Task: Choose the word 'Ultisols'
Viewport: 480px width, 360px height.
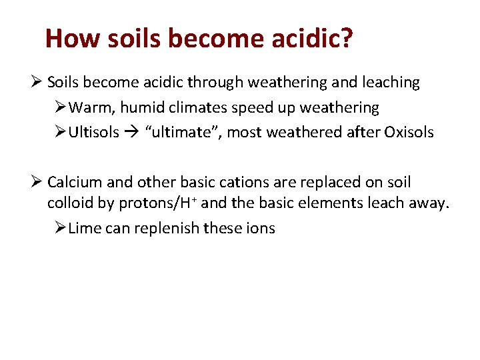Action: tap(93, 132)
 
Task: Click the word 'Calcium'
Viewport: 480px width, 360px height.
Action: tap(73, 183)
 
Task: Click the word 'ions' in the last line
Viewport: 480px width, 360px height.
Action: tap(261, 228)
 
